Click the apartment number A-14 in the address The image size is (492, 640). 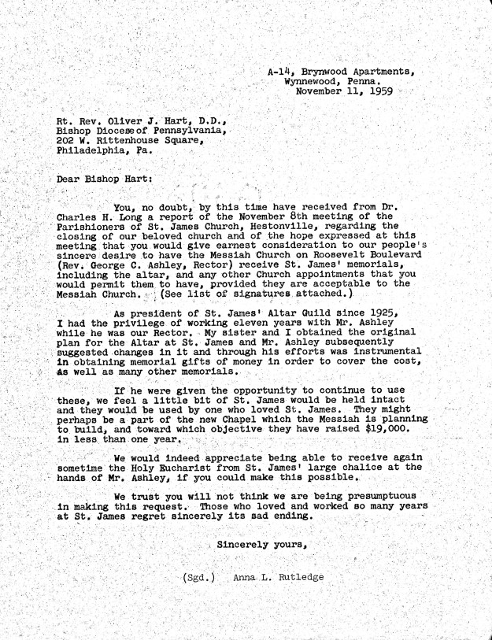[277, 72]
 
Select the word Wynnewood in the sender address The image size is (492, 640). [312, 82]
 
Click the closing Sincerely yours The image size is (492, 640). [261, 544]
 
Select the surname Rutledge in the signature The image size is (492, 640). [298, 577]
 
